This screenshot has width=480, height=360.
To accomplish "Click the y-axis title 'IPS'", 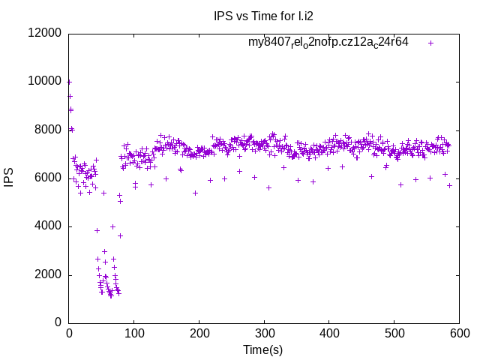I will [10, 178].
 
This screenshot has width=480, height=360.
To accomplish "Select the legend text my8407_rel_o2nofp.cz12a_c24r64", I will [328, 42].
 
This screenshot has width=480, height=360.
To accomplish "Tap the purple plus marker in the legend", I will [430, 43].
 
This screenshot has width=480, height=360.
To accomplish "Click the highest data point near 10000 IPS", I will [69, 82].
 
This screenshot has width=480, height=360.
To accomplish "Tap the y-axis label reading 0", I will [58, 323].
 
